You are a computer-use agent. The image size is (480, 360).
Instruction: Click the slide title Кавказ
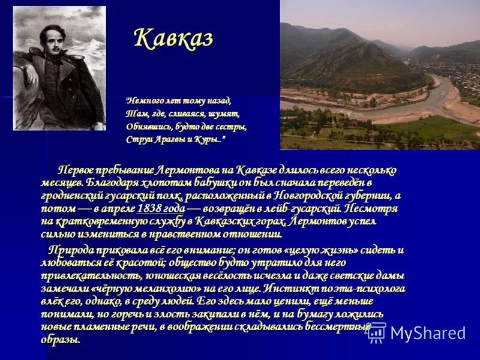173,38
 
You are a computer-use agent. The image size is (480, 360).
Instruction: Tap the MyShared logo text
427,333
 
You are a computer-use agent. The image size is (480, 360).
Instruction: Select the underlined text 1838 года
161,209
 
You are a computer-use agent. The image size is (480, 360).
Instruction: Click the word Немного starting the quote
143,101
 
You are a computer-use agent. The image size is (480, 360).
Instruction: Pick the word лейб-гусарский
305,209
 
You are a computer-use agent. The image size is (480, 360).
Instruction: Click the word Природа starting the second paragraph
71,249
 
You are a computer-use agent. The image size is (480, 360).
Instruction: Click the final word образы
61,340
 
